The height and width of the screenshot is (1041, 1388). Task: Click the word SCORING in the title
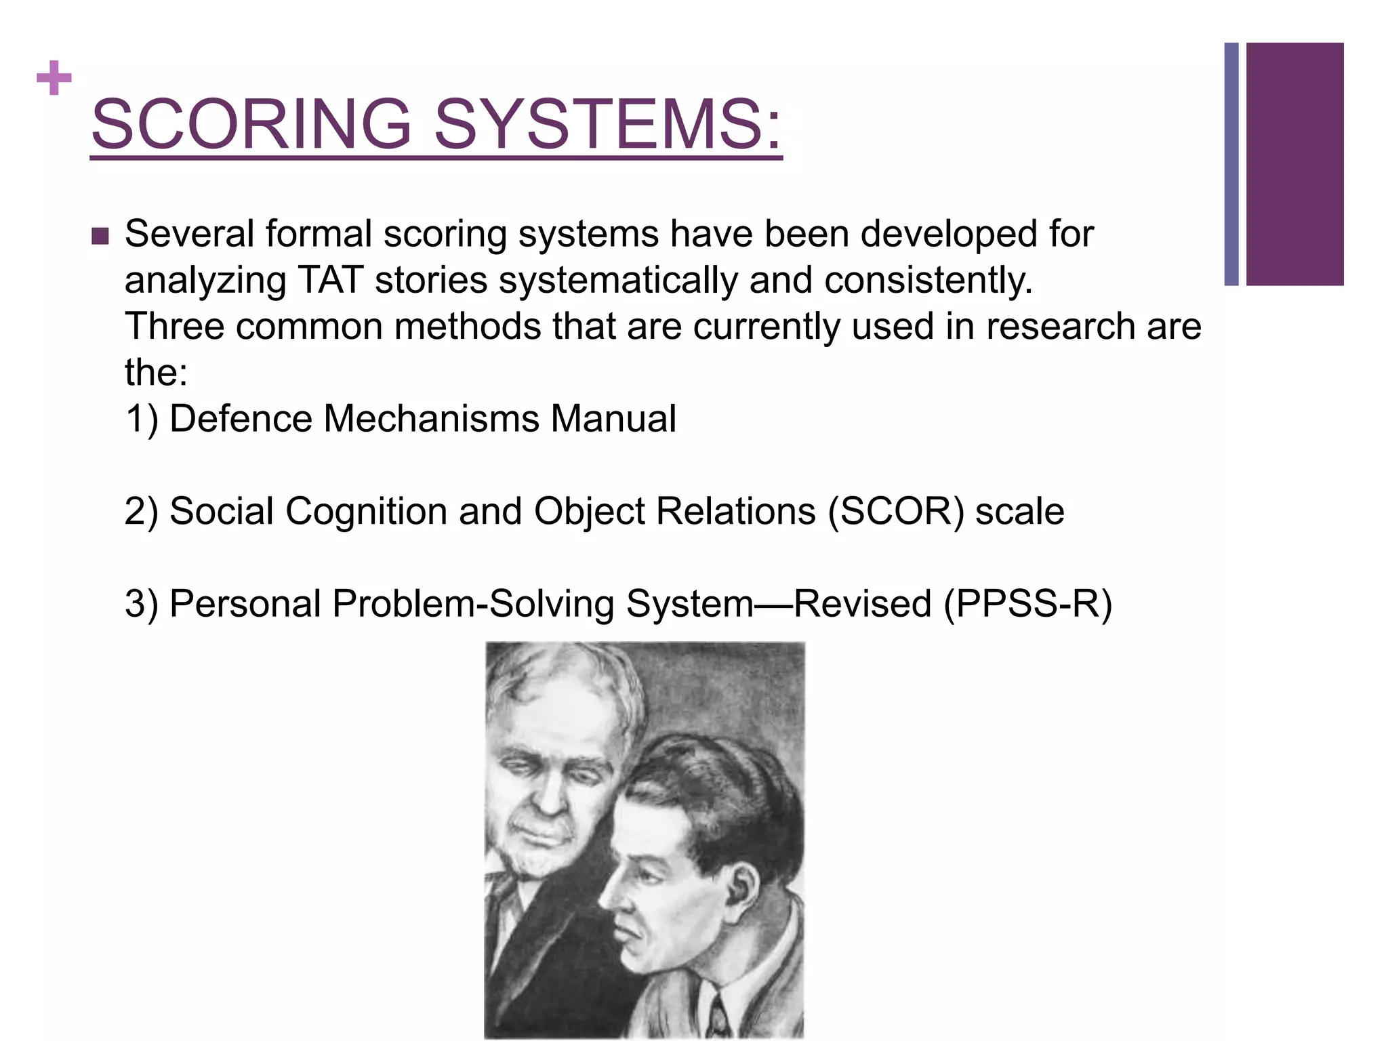[x=251, y=124]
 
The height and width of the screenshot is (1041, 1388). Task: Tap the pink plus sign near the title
[x=54, y=79]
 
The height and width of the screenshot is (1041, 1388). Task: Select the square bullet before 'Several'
[x=100, y=237]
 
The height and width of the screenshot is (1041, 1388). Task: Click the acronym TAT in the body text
[x=330, y=280]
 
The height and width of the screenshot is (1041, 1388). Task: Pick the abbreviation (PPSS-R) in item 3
[x=1027, y=603]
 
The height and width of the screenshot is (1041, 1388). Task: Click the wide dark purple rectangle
[x=1294, y=164]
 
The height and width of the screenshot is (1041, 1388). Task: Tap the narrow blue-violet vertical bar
[x=1231, y=164]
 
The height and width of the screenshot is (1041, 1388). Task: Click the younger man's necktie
[x=718, y=1017]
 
